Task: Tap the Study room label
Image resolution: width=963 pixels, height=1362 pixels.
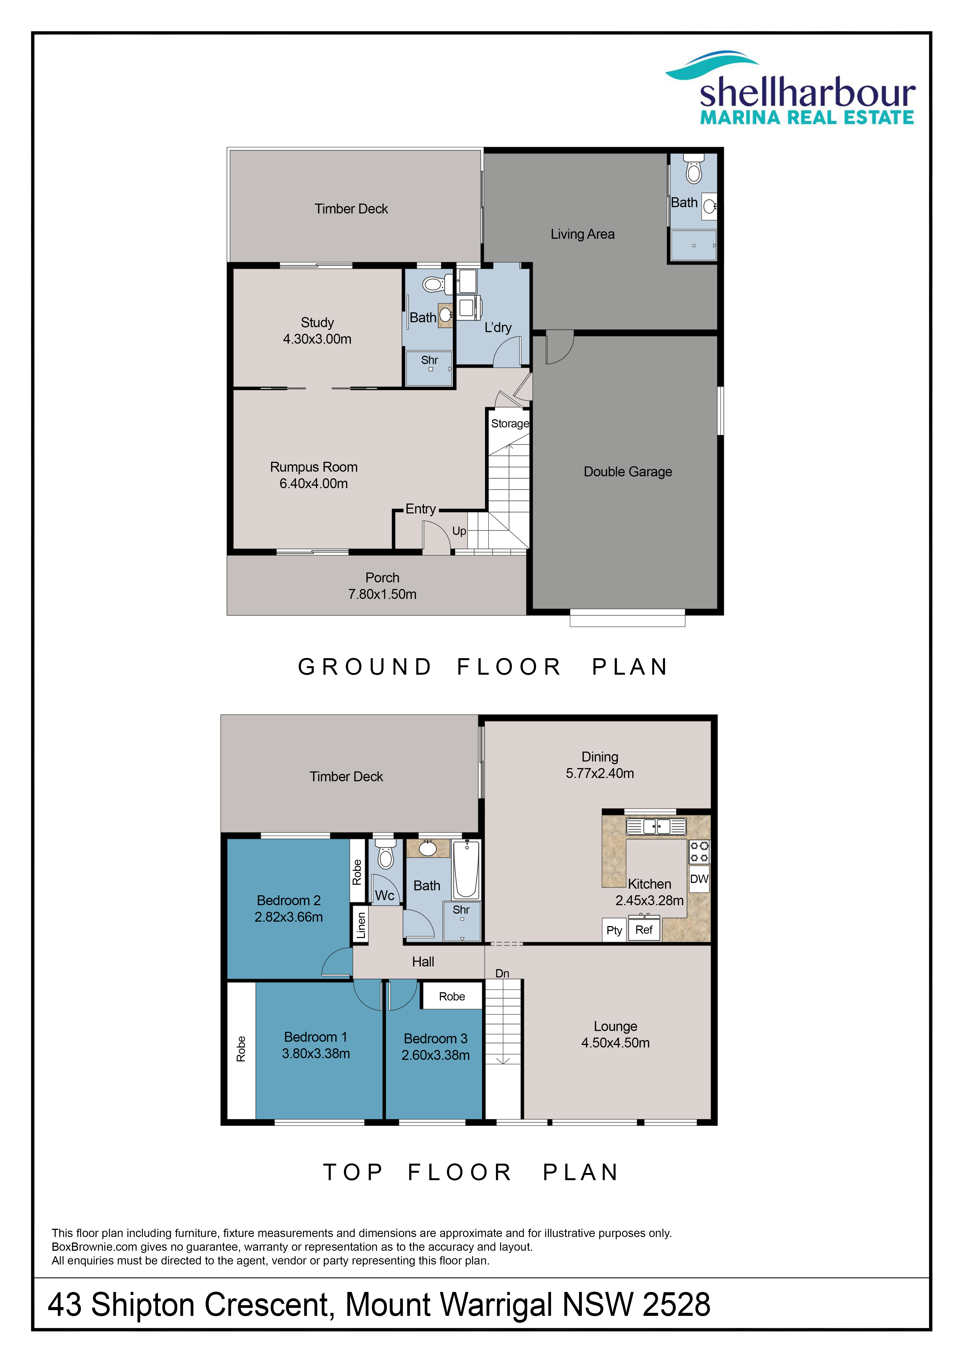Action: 317,323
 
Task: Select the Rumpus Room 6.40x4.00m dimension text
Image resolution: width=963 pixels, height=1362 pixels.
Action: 314,483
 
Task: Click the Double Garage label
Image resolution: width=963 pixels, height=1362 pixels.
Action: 628,472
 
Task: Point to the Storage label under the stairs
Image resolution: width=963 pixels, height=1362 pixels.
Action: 510,424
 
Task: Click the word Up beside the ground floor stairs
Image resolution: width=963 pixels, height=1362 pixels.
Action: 459,531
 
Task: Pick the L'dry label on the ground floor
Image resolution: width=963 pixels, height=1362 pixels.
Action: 498,327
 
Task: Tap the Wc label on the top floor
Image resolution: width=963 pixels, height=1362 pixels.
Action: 385,896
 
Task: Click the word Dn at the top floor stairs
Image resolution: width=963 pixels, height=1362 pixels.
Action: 502,974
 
